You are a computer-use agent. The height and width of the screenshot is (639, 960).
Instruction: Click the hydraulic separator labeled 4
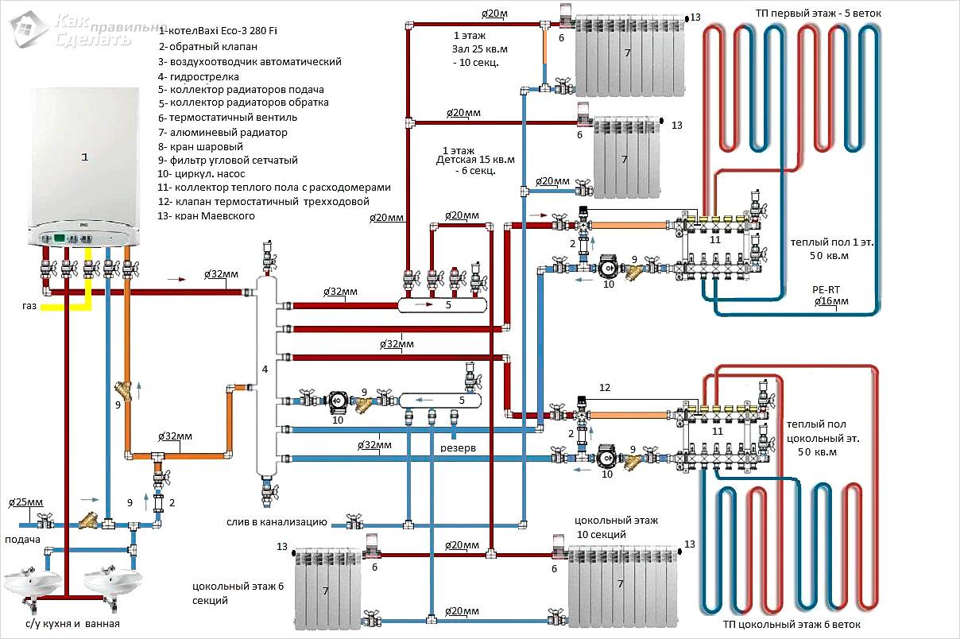(265, 370)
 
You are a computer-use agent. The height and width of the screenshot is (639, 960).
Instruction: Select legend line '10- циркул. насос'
(213, 173)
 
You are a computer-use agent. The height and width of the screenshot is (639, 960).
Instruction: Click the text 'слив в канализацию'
(277, 522)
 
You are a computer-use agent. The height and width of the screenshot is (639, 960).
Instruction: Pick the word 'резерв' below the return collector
(459, 448)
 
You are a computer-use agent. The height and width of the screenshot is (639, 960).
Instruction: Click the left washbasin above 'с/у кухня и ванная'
(32, 583)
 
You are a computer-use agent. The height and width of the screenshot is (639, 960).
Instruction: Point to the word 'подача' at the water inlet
(22, 540)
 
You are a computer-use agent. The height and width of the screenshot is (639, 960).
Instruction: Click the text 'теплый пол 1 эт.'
(830, 242)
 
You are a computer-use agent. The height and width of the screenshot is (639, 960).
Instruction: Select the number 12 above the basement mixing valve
(605, 388)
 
